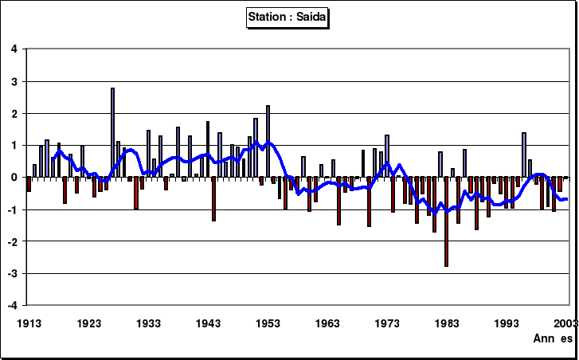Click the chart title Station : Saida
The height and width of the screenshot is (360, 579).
point(289,16)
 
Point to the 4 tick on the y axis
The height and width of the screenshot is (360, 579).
point(14,49)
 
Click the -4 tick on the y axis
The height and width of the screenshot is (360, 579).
point(12,305)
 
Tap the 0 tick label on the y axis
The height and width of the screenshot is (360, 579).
point(14,178)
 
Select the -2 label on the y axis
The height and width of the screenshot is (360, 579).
point(12,241)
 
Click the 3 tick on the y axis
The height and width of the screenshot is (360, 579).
point(14,81)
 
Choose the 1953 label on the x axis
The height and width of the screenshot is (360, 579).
point(268,323)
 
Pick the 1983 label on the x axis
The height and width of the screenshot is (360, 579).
point(447,323)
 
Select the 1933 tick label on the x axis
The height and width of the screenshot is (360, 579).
point(148,323)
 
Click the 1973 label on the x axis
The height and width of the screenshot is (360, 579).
point(387,323)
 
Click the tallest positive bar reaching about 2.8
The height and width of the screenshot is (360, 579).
point(112,132)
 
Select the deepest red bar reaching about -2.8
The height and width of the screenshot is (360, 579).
point(446,221)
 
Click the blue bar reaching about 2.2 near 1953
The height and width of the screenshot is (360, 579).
point(268,141)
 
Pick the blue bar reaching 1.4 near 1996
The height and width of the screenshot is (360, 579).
point(524,155)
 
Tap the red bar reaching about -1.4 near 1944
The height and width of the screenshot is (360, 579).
point(213,199)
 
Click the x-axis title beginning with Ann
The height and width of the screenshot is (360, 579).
point(554,338)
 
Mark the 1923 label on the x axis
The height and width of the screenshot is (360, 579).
point(88,323)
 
